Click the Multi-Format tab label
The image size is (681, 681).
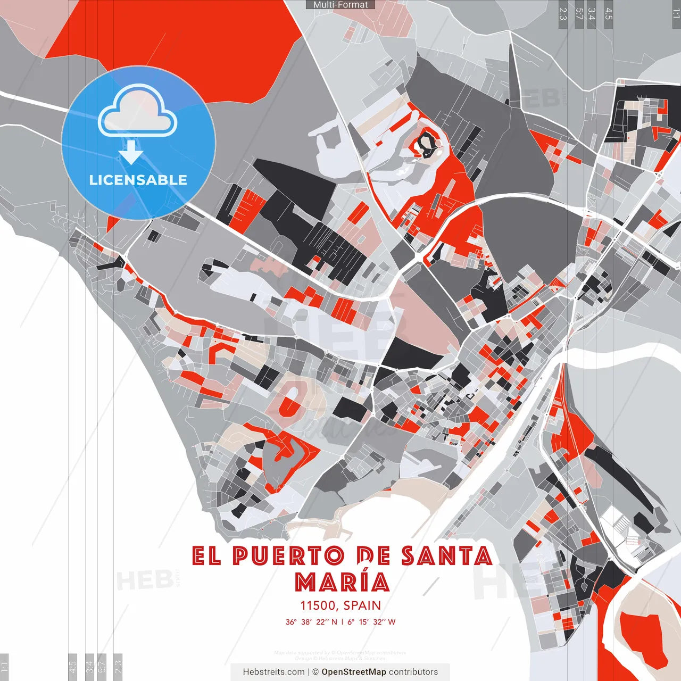click(x=340, y=5)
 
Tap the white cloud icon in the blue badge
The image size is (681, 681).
click(x=138, y=113)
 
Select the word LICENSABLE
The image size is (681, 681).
click(x=138, y=180)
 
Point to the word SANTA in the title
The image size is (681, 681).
click(x=447, y=556)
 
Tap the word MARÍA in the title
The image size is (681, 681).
click(x=342, y=582)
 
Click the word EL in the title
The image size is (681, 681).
click(x=206, y=556)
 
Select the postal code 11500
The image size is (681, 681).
click(x=318, y=605)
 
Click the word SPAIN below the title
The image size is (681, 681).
click(x=362, y=605)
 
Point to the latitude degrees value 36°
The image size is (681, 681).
click(x=291, y=622)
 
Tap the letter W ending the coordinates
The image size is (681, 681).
click(x=392, y=622)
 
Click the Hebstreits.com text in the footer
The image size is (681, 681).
click(x=273, y=672)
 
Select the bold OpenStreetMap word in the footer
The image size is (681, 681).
click(x=353, y=672)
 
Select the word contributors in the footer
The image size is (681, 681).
click(x=413, y=672)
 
